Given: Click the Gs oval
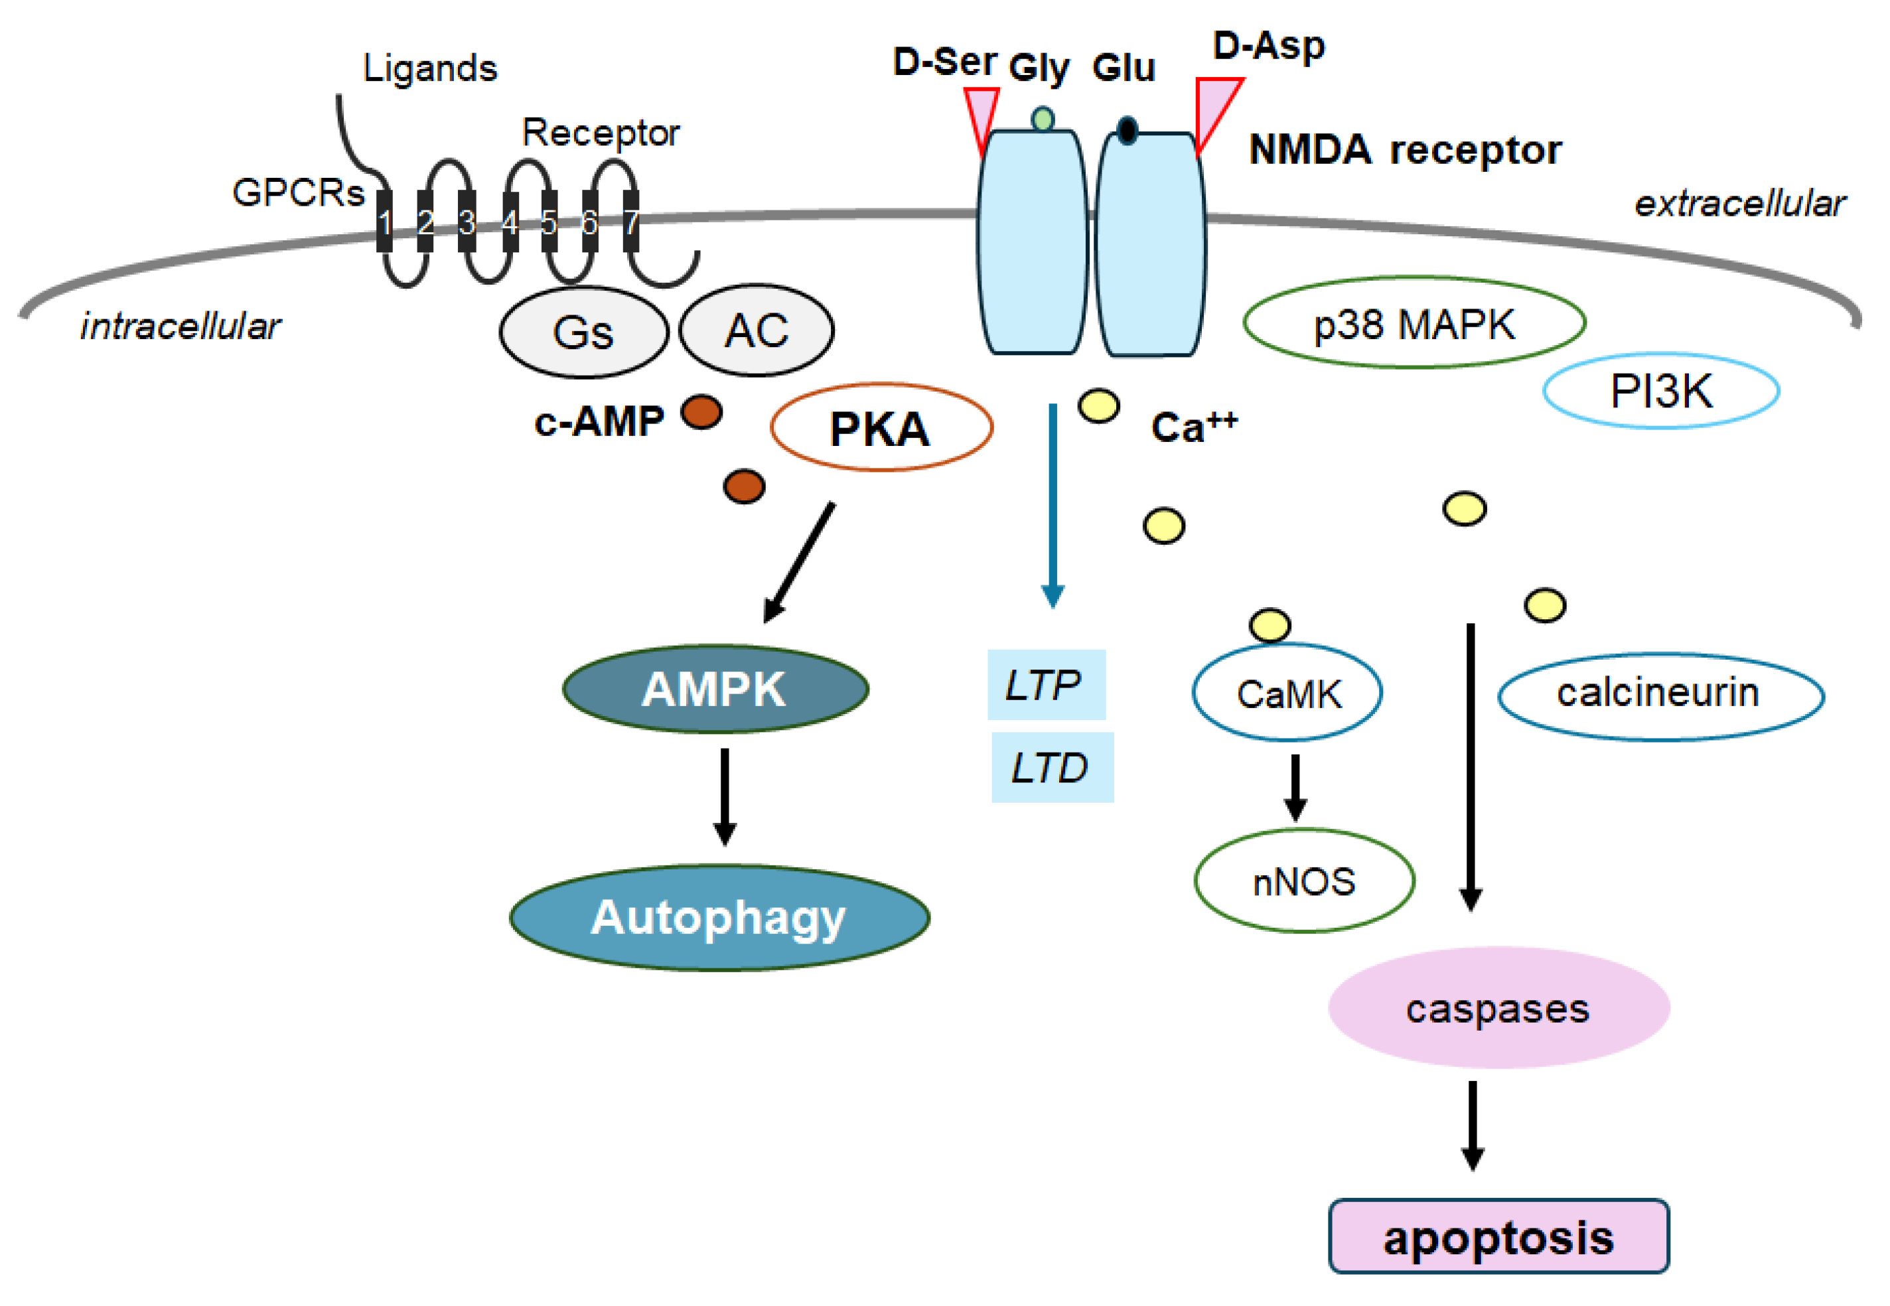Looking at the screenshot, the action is point(583,331).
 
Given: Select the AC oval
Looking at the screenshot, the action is point(756,330).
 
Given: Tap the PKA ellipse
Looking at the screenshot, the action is point(881,427).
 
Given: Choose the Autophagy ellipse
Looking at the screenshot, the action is point(719,917).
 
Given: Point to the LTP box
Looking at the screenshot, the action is point(1046,684).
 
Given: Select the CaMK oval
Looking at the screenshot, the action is point(1287,692).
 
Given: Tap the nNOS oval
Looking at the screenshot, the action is point(1303,881).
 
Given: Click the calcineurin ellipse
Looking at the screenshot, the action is point(1660,695).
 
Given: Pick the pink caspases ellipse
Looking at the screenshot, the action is point(1498,1007).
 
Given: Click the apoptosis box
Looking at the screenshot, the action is point(1498,1236).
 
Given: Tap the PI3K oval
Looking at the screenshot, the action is point(1660,390).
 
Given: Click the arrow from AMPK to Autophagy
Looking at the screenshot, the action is point(724,796).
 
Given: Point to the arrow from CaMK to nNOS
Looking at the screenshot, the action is point(1294,786).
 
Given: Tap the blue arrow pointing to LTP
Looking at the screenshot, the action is point(1053,506).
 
